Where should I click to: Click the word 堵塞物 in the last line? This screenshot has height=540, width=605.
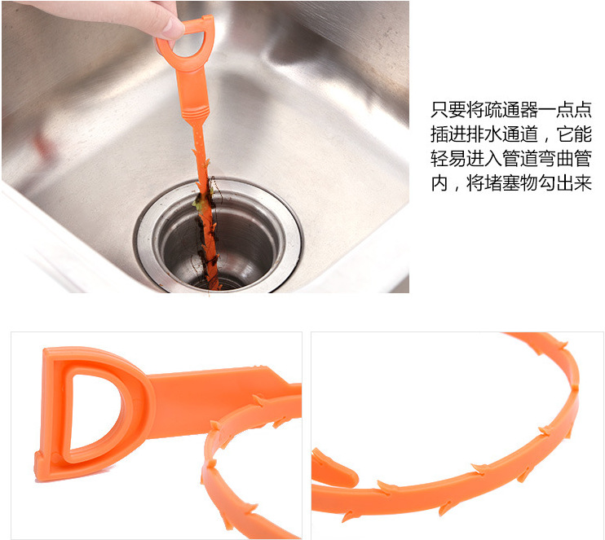511,184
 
